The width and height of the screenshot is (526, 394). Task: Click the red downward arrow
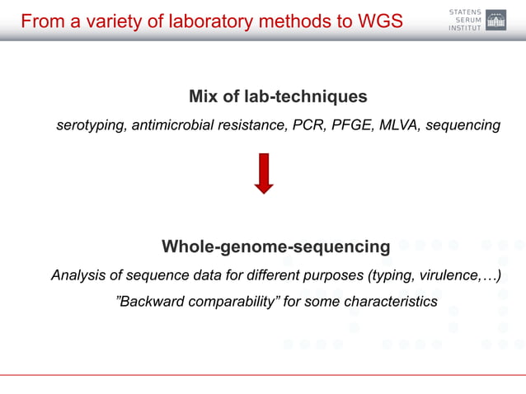264,172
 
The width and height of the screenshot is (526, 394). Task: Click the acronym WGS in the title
379,21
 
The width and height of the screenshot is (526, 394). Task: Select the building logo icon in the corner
496,20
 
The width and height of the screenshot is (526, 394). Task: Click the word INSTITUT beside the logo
463,29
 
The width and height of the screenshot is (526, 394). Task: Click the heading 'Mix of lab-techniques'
278,97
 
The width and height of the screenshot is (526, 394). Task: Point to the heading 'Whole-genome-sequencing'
275,246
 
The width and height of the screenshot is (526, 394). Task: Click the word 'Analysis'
78,274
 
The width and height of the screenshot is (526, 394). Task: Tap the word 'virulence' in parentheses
444,274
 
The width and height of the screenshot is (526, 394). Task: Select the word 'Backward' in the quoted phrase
153,302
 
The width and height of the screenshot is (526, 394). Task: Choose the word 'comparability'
233,302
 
